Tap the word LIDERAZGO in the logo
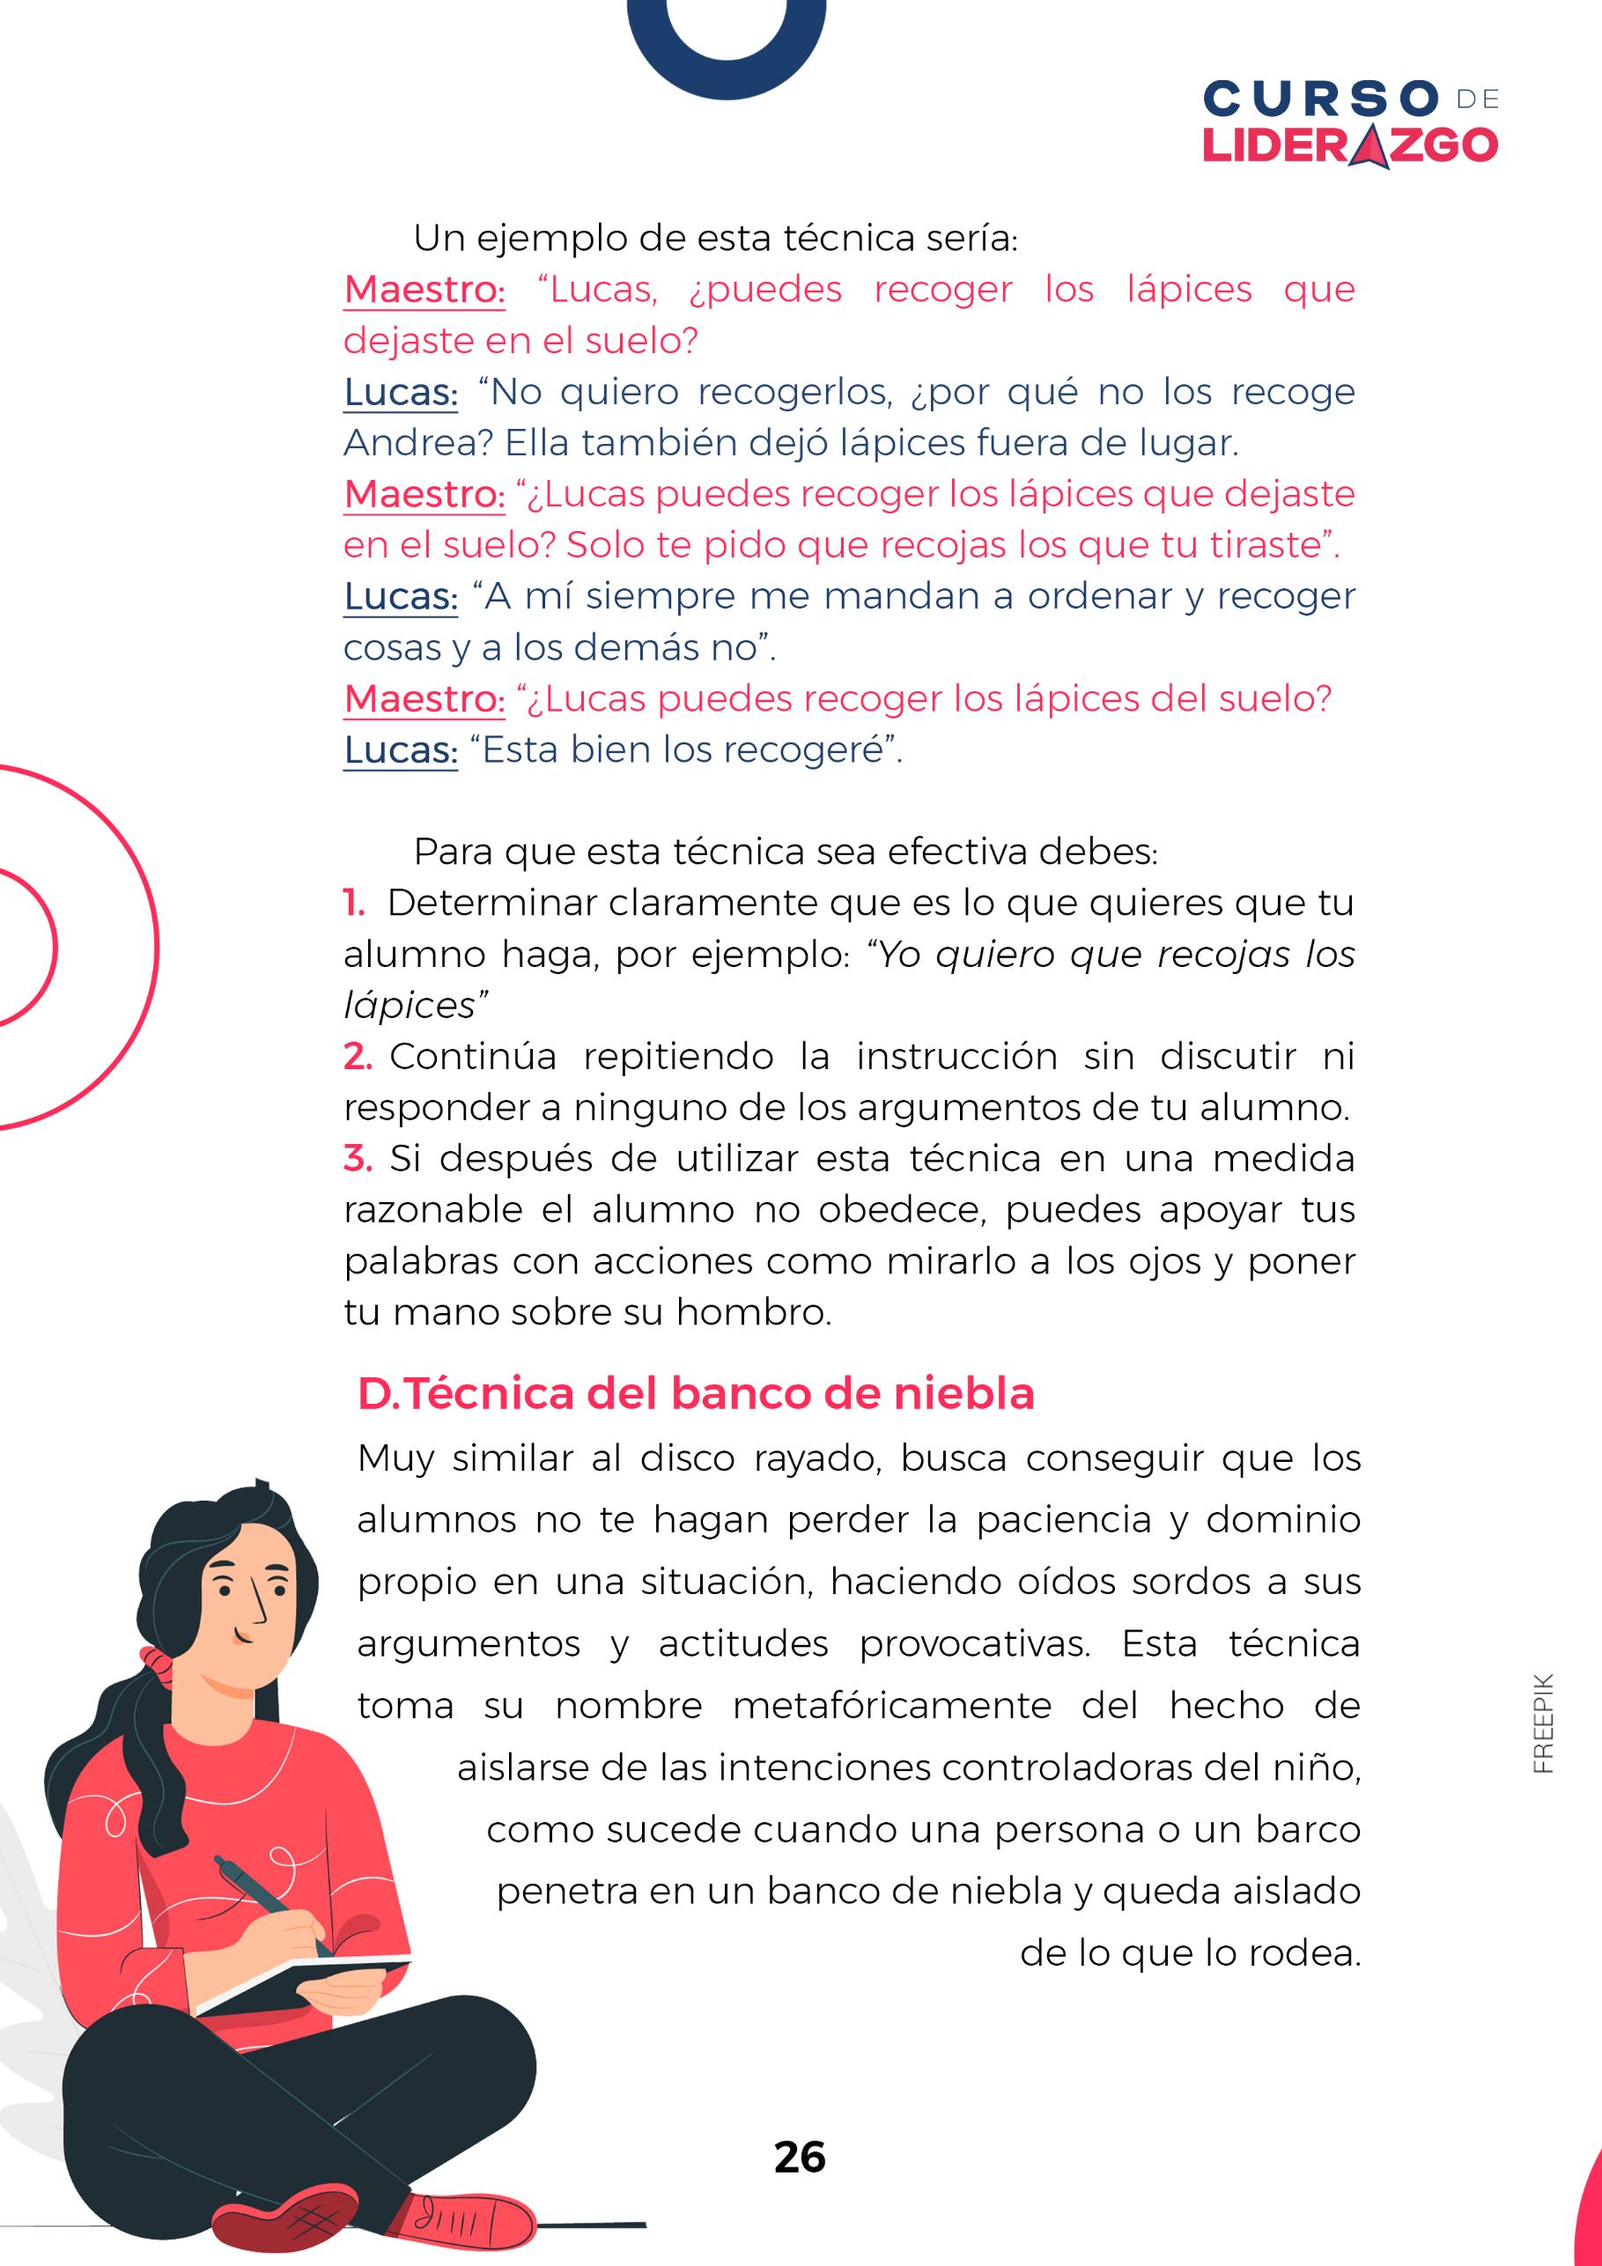(x=1349, y=146)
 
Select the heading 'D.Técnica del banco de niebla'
(x=696, y=1393)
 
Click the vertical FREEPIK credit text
(x=1544, y=1723)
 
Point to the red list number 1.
(x=353, y=903)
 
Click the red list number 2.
(x=358, y=1057)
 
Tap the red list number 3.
(x=358, y=1159)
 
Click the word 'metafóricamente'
(x=891, y=1707)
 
